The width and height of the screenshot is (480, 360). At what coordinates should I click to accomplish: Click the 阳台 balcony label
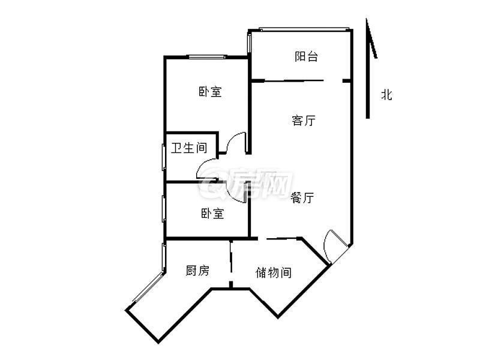coord(306,57)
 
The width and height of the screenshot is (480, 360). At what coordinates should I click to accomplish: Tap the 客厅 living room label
coord(304,121)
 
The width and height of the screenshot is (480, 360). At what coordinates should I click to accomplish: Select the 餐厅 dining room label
coord(302,198)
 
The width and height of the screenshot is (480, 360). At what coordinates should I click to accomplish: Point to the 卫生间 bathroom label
coord(189,148)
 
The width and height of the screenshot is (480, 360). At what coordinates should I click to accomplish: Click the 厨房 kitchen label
coord(197,271)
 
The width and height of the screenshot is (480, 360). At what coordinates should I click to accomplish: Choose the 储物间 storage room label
coord(274,273)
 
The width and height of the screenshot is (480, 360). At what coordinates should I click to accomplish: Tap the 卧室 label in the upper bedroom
coord(210,92)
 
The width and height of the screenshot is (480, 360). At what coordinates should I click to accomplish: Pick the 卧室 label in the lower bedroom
coord(212,214)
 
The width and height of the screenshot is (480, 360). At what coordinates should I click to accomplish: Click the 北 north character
coord(386,94)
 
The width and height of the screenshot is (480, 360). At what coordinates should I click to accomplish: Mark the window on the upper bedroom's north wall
coord(207,57)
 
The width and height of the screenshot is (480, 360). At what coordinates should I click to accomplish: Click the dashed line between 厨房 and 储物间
coord(230,264)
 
